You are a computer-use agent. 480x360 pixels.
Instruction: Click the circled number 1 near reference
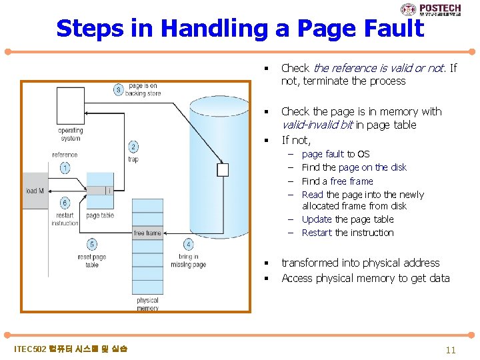tap(65, 168)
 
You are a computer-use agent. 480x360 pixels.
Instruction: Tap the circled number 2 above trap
tap(133, 147)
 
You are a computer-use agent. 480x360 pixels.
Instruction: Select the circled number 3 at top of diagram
tap(119, 90)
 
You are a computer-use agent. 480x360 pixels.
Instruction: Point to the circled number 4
tap(189, 245)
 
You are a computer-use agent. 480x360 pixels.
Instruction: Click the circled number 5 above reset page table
tap(92, 245)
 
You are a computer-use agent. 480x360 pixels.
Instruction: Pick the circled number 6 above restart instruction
tap(65, 203)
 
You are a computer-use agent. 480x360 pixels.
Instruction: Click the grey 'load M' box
tap(35, 191)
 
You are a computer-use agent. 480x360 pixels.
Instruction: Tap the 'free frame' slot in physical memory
tap(147, 233)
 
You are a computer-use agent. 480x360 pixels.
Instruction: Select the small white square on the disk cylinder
tap(223, 170)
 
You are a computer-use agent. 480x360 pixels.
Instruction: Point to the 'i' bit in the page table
tap(109, 191)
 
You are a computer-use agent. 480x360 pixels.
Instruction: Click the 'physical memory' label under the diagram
tap(147, 304)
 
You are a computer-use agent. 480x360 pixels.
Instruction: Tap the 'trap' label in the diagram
tap(133, 159)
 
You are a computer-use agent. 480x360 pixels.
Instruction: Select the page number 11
tap(451, 350)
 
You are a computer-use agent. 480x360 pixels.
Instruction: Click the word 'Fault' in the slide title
tap(388, 29)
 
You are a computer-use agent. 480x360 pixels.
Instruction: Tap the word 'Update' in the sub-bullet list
tap(317, 219)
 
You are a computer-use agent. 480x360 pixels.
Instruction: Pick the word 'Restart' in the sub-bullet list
tap(317, 233)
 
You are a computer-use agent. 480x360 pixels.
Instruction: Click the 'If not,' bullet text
tap(296, 140)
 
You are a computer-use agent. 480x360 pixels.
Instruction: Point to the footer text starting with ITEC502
tap(71, 349)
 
